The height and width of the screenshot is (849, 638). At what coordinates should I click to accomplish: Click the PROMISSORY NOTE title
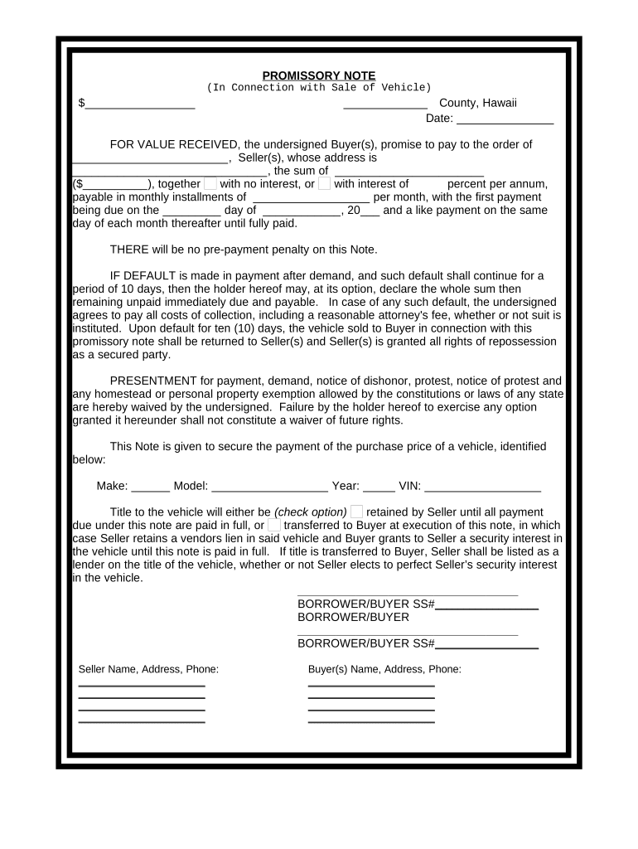tap(319, 75)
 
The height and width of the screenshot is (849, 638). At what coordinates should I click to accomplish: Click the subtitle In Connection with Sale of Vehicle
tap(319, 87)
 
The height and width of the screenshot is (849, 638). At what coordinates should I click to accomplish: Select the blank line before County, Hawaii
tap(385, 104)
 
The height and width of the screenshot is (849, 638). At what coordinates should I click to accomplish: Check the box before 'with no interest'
tap(210, 183)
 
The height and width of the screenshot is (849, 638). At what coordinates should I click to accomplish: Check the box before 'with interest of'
tap(324, 183)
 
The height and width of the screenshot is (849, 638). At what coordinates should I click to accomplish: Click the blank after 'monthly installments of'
tap(310, 198)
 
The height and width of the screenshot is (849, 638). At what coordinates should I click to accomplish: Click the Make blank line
tap(150, 488)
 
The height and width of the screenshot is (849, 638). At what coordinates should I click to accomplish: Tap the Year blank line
tap(379, 488)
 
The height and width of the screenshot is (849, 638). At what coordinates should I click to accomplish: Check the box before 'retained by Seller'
tap(356, 512)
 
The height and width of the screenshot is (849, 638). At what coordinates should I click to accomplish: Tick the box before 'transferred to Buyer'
tap(274, 525)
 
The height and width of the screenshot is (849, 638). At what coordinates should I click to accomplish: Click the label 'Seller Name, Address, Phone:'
tap(148, 669)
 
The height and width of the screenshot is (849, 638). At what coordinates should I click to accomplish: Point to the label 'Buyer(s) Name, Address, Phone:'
tap(384, 669)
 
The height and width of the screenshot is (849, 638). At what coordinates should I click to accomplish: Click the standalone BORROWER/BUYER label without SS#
tap(353, 618)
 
